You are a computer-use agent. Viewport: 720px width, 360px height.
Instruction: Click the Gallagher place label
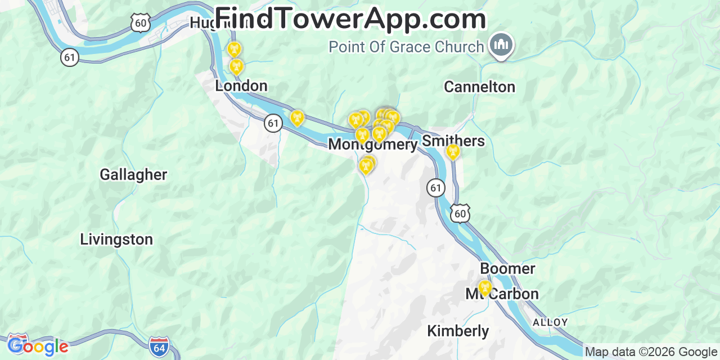133,175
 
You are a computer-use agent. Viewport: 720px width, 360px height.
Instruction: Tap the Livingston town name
116,240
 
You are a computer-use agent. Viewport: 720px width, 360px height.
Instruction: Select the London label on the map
241,86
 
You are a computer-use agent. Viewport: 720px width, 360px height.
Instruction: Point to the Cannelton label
479,87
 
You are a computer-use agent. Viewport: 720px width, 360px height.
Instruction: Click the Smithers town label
453,141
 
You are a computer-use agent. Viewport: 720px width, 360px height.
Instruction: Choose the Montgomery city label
373,145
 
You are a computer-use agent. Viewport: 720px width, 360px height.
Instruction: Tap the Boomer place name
507,269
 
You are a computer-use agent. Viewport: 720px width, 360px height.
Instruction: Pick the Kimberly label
458,331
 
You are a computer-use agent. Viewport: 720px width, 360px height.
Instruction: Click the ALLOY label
550,322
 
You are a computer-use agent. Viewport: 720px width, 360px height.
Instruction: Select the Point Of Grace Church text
406,47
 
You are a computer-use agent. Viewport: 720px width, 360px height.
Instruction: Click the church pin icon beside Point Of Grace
501,45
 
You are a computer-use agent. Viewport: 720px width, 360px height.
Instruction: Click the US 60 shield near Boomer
460,213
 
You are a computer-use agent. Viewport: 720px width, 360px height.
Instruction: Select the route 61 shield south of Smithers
436,188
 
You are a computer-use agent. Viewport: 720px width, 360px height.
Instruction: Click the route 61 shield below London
273,123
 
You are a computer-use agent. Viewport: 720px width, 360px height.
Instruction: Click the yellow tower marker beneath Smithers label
452,151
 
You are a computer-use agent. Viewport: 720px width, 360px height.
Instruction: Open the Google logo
38,345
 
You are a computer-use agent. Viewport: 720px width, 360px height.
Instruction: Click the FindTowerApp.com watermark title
350,19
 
